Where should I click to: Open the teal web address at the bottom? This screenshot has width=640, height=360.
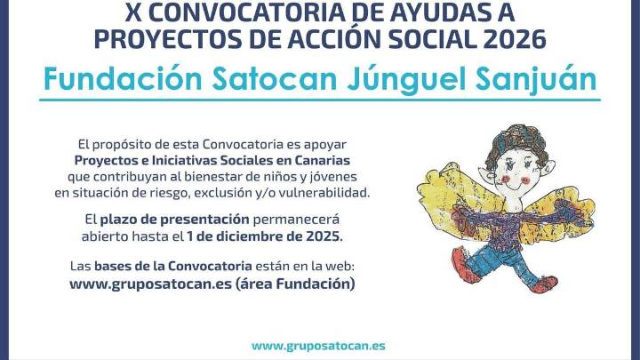[318, 345]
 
